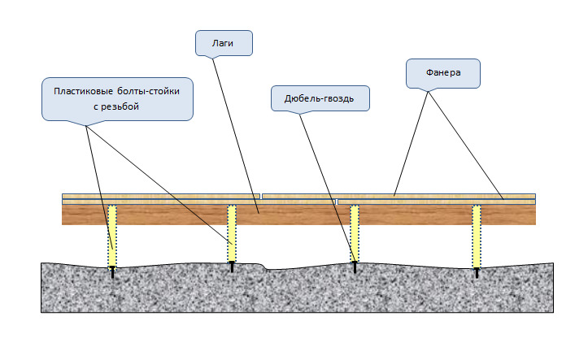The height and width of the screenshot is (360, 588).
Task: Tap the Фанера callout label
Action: click(x=443, y=73)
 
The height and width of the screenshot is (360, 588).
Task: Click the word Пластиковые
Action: click(x=85, y=91)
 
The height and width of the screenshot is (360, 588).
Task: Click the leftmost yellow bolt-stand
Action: click(x=113, y=236)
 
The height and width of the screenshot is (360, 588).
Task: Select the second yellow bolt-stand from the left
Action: click(x=232, y=232)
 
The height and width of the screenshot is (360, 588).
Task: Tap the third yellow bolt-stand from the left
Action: click(x=355, y=232)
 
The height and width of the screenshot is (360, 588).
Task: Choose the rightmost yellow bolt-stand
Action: click(x=477, y=236)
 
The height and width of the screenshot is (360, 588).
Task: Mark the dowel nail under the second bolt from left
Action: click(x=232, y=267)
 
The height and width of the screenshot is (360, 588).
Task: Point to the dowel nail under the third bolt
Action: click(x=355, y=266)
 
